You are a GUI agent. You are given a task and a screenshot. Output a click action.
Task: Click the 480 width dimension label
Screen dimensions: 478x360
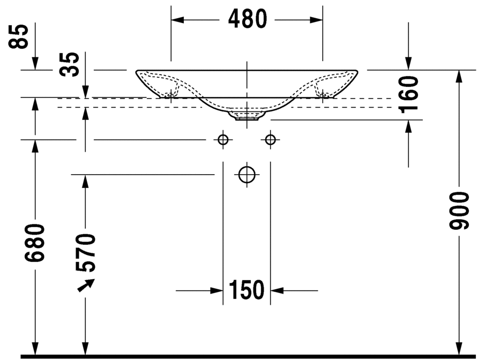pos(248,19)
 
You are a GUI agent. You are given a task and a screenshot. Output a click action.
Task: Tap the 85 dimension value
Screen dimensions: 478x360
pos(19,36)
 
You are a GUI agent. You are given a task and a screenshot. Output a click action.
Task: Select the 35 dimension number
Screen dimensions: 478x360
pos(69,64)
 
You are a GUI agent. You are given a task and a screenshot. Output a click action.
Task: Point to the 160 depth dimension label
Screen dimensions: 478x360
pos(408,94)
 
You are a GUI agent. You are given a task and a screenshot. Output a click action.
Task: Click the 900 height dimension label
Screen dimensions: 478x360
pos(459,211)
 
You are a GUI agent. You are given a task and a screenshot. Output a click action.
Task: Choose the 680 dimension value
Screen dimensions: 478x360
pos(35,243)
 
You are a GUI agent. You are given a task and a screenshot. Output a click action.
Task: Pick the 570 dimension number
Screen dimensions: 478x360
pos(85,253)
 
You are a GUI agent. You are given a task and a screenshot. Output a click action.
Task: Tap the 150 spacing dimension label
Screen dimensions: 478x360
pos(247,290)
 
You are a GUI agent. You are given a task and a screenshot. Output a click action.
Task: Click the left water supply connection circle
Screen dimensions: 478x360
pos(223,140)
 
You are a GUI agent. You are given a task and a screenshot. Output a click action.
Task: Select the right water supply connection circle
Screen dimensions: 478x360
pos(271,140)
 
